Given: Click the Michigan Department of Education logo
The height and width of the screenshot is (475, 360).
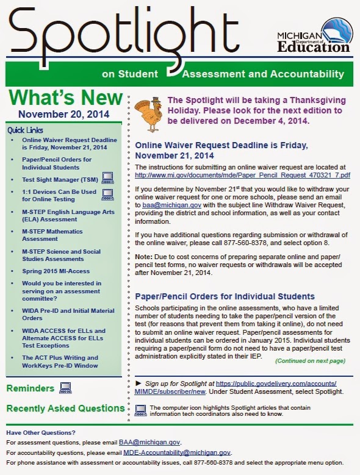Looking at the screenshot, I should (x=315, y=37).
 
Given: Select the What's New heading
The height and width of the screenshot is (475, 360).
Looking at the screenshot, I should (x=63, y=98).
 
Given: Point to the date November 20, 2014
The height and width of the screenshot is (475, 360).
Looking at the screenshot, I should (x=63, y=114).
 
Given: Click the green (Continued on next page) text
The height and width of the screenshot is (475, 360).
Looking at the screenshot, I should (x=310, y=361).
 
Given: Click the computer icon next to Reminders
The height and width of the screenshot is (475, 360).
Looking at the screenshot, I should (x=65, y=388).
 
